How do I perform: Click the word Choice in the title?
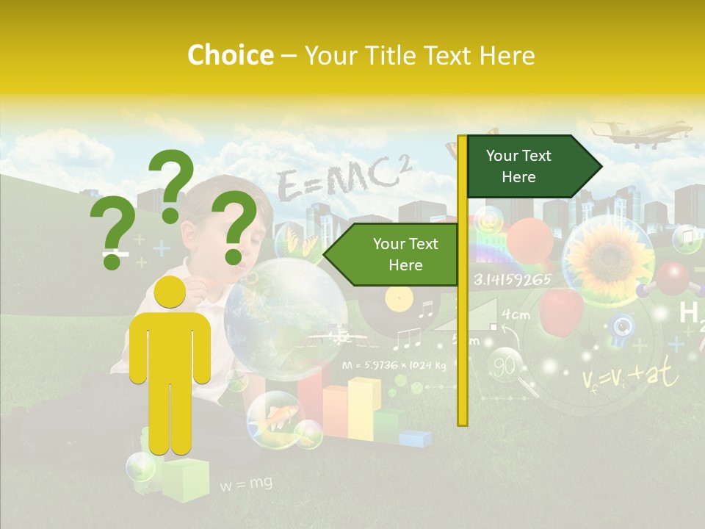(230, 56)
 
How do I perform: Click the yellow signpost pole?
(462, 279)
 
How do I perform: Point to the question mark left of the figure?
(113, 234)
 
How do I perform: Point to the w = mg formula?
(245, 483)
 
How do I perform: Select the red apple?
(562, 311)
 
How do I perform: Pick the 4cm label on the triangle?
(516, 315)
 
